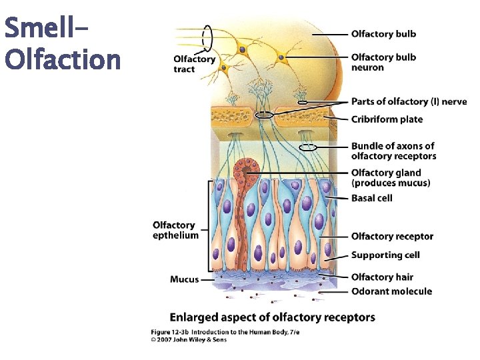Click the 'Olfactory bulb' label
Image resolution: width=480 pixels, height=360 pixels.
click(x=383, y=34)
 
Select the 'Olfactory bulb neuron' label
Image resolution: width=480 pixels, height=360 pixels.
click(x=383, y=62)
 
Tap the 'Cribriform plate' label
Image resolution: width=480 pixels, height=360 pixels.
click(x=387, y=119)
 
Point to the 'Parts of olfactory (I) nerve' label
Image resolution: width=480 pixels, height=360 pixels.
click(x=409, y=101)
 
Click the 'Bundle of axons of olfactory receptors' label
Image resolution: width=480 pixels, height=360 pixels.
click(x=393, y=151)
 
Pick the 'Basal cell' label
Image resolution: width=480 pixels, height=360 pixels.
click(x=371, y=198)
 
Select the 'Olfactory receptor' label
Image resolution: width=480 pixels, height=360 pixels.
click(x=392, y=236)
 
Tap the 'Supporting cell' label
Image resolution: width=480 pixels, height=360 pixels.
click(x=385, y=255)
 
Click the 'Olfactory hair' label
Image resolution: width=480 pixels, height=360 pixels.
click(x=382, y=277)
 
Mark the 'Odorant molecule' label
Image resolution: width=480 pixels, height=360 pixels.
click(x=391, y=291)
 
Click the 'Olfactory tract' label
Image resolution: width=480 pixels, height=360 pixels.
click(x=194, y=63)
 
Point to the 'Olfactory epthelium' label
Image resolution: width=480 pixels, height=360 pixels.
click(x=175, y=230)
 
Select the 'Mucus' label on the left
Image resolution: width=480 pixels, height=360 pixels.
click(x=184, y=279)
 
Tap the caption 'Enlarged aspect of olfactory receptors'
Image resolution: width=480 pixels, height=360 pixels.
click(x=272, y=317)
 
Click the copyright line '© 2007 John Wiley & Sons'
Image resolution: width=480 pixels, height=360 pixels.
click(x=189, y=339)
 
